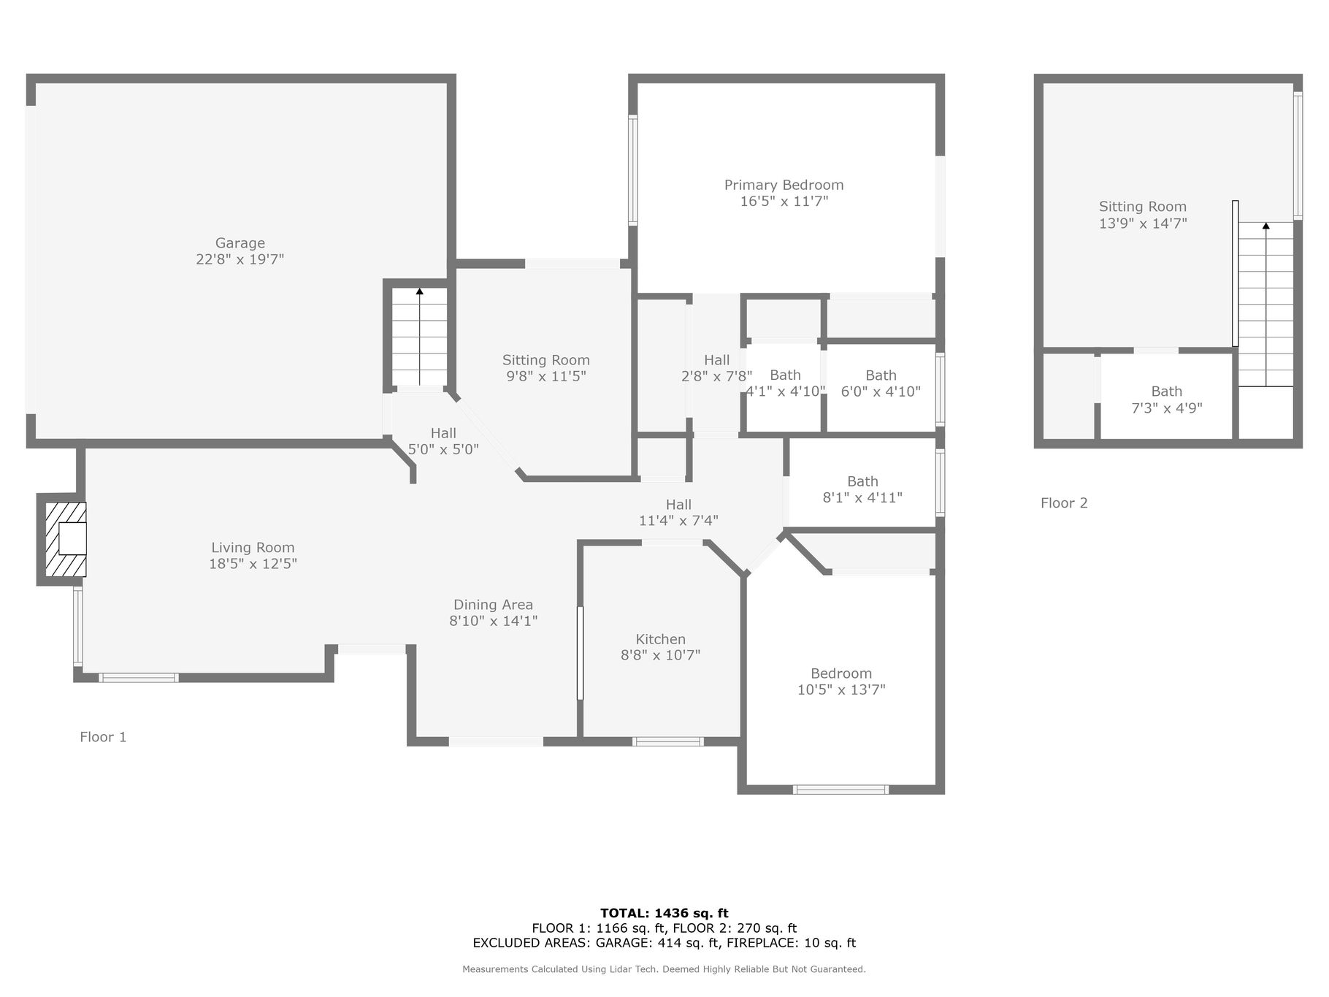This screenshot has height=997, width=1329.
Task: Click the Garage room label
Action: [240, 243]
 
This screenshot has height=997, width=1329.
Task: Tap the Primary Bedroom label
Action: [784, 186]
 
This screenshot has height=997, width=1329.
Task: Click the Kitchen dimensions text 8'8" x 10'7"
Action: [660, 655]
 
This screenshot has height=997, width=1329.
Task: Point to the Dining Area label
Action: [493, 605]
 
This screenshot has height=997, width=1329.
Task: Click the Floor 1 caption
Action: [103, 737]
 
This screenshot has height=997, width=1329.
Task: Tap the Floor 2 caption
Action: [1064, 503]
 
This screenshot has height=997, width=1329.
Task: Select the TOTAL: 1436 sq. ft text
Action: [664, 913]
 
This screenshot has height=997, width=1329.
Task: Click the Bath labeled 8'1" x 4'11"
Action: [862, 489]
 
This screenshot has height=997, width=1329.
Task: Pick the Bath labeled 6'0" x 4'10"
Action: [881, 383]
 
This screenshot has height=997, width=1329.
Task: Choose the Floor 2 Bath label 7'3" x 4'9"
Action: [1166, 400]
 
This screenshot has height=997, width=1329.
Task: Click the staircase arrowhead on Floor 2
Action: [1265, 226]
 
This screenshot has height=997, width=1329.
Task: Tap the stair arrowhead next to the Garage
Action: [419, 291]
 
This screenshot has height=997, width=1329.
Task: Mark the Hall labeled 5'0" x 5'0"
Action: [443, 441]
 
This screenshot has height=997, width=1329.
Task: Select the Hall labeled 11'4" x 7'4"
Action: [678, 513]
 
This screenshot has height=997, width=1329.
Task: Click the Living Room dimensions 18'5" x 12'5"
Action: [253, 564]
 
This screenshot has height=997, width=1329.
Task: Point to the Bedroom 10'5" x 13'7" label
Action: [841, 681]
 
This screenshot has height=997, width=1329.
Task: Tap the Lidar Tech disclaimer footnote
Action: [664, 969]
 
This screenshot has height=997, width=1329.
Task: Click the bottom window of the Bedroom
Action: [840, 789]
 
